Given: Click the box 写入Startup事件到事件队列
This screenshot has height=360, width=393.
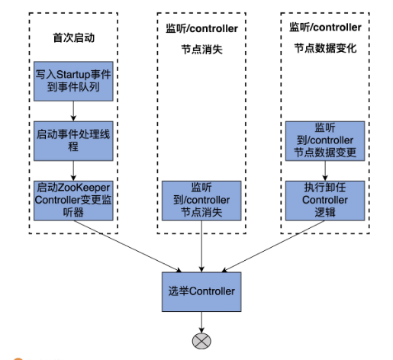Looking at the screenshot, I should pos(72,82).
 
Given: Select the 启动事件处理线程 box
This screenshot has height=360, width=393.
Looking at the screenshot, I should pos(72,140).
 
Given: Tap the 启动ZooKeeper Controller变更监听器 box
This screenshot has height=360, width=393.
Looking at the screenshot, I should pos(72,200).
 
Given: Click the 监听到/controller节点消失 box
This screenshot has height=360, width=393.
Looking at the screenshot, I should pos(202,200).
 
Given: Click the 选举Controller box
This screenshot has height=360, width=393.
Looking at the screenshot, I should pos(201,291).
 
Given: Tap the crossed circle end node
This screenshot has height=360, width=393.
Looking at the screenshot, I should pos(201,340).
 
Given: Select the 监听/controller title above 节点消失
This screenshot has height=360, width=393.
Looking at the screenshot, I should pos(201,29).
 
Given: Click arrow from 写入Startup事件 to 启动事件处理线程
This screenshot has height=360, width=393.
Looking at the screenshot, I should pos(72,111).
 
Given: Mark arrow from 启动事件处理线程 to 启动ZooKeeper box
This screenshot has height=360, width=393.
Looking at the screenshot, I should pos(72,169).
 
